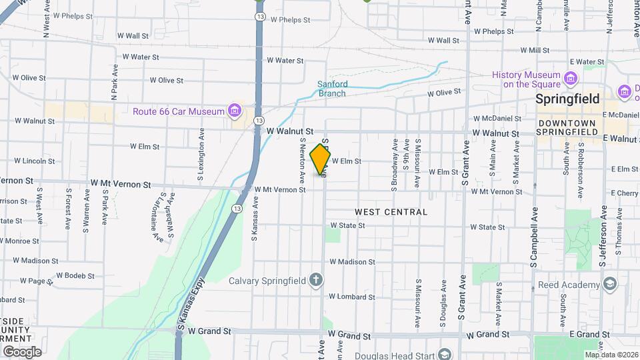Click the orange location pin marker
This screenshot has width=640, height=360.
[x=321, y=160]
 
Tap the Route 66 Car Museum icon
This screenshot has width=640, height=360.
[x=234, y=111]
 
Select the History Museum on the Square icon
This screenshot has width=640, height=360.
[x=570, y=79]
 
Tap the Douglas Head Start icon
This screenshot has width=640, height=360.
[x=445, y=355]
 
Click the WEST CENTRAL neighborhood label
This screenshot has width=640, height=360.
[x=391, y=212]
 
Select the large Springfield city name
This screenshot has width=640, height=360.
[x=568, y=99]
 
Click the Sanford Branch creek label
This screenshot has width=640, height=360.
[x=331, y=89]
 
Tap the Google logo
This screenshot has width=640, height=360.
[x=22, y=352]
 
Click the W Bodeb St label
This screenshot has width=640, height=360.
[x=75, y=275]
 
